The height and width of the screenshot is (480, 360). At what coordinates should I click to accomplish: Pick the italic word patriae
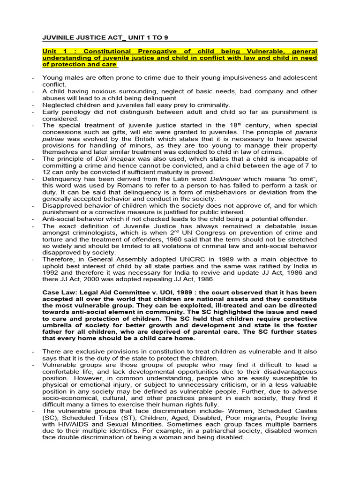click(x=54, y=139)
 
